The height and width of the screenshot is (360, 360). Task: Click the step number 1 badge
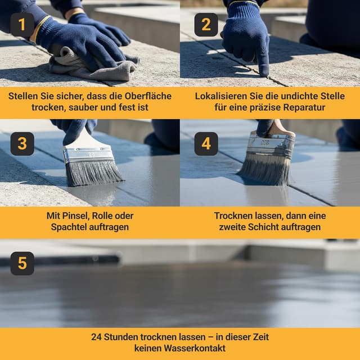[x=22, y=25]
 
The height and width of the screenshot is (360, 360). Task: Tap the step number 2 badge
[x=206, y=25]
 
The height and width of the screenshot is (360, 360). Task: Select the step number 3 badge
[x=22, y=144]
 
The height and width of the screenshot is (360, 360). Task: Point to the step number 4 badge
[x=206, y=144]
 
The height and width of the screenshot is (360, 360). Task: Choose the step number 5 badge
[x=22, y=263]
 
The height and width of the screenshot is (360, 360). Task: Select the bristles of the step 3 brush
[x=93, y=173]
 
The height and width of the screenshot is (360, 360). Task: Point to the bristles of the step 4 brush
[x=265, y=169]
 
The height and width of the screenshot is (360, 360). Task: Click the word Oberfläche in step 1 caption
[x=148, y=96]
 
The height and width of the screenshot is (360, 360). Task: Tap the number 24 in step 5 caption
[x=96, y=337]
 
